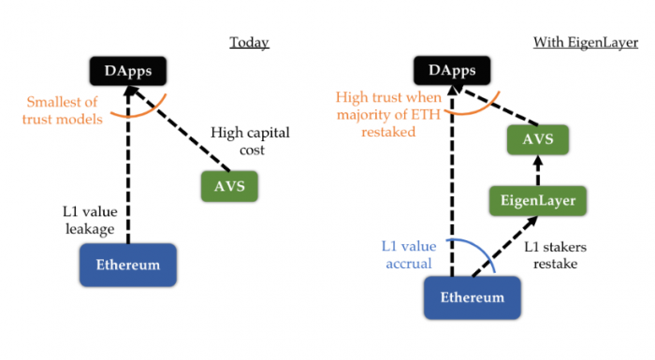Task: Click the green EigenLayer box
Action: tap(537, 200)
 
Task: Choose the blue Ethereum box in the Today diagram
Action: tap(128, 265)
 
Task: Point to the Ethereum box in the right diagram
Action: tap(472, 298)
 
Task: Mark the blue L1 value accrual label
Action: tap(406, 255)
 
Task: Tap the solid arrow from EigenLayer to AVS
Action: tap(536, 170)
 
